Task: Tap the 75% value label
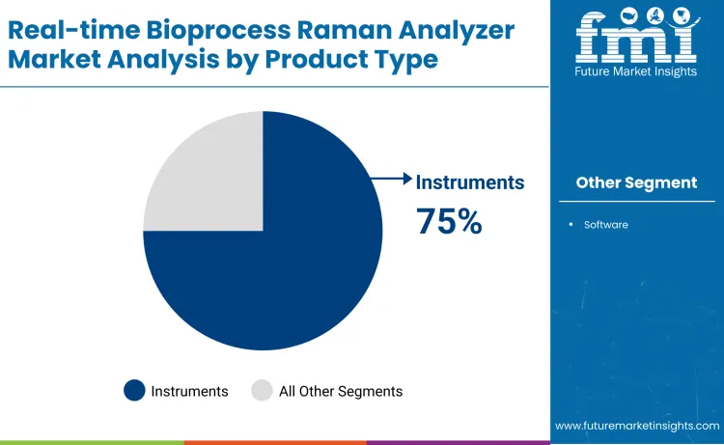449,221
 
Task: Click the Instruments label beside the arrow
470,181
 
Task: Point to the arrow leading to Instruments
391,178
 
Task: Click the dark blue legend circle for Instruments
134,391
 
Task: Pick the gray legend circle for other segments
262,391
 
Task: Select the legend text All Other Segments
341,391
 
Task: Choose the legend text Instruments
190,391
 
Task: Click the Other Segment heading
636,182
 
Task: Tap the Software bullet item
605,224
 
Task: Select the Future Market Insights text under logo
636,72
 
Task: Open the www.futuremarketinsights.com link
637,426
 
